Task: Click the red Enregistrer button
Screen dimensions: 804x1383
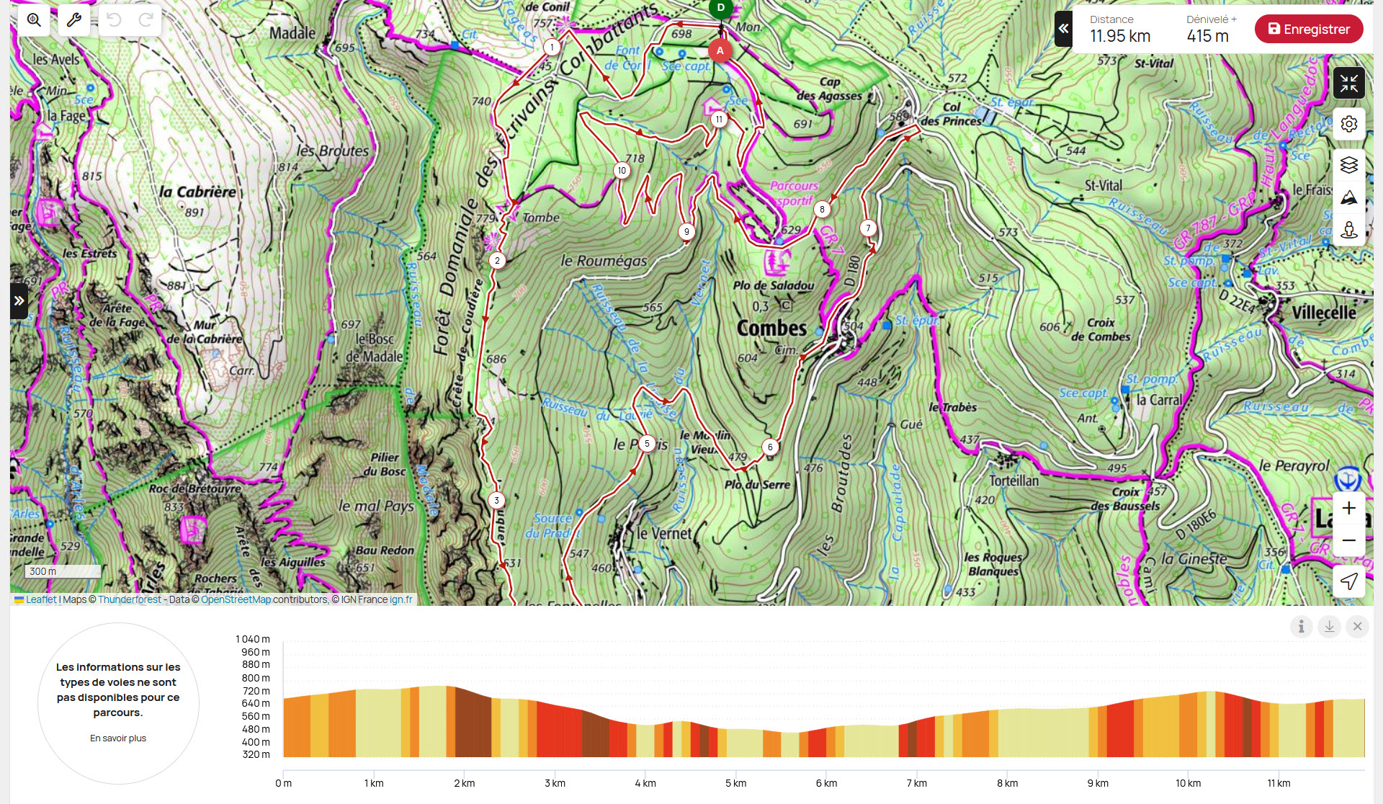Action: (1308, 30)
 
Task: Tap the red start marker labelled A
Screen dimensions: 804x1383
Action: (720, 50)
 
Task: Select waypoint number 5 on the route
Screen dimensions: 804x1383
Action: (647, 444)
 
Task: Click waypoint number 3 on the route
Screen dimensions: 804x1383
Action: (496, 500)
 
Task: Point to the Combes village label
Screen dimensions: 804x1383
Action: (771, 329)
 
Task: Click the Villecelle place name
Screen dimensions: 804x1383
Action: (1323, 313)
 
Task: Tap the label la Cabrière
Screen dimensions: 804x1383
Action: (197, 192)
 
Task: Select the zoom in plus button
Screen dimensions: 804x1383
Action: (1348, 508)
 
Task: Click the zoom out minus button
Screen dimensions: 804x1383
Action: (1348, 540)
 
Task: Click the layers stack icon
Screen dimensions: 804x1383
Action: (1348, 165)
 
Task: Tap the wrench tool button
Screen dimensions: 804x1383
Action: (73, 20)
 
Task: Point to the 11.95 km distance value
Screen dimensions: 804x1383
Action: (1119, 36)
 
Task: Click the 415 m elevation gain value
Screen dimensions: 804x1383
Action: (1207, 36)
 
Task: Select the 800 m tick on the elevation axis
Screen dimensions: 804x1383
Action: (256, 678)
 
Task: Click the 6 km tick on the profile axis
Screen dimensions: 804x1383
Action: (826, 783)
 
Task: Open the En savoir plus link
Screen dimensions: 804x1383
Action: (118, 738)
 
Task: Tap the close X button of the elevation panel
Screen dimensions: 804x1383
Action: (1357, 627)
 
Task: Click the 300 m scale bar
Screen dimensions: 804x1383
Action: (63, 571)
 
